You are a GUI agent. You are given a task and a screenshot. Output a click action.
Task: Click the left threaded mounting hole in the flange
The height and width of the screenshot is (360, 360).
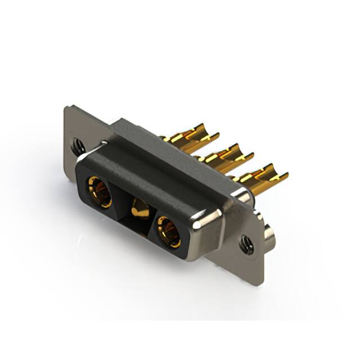pos(78,146)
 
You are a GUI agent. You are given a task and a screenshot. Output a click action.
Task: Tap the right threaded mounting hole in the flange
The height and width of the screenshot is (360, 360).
pos(246,244)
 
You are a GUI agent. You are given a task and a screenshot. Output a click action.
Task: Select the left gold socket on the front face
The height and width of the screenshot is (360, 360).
pos(98,190)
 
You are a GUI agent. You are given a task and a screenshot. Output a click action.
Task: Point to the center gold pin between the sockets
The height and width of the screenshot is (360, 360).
pos(139,210)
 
